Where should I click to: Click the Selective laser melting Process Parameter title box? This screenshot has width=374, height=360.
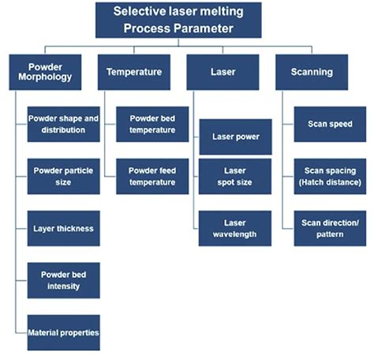click(x=178, y=20)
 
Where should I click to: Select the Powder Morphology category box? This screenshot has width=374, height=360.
click(x=45, y=72)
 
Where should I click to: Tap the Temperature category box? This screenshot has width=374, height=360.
click(x=134, y=72)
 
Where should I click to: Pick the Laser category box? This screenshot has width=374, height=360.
click(x=223, y=72)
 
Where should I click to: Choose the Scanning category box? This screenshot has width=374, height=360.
click(x=312, y=72)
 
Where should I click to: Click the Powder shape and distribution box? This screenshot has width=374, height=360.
click(x=64, y=124)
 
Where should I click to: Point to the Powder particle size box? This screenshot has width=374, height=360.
click(x=64, y=176)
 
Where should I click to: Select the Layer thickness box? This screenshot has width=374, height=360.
click(x=64, y=228)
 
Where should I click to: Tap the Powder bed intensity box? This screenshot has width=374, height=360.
click(x=64, y=280)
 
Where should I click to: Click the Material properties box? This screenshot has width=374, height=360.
click(x=64, y=332)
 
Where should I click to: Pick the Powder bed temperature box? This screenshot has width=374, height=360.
click(x=152, y=124)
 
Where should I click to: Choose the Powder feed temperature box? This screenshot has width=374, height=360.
click(x=152, y=176)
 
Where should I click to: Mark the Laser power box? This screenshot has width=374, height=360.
click(x=236, y=137)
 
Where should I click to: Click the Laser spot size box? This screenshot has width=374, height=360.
click(x=235, y=176)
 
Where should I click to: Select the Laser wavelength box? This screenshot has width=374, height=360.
click(x=235, y=228)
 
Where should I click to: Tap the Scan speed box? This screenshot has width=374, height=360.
click(x=330, y=124)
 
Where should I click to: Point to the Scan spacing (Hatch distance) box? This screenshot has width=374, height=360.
click(x=330, y=176)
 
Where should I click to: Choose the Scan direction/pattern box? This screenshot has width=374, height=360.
click(x=330, y=228)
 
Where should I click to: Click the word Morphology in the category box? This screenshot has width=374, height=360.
click(x=45, y=77)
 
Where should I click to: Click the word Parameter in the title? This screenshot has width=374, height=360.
click(x=199, y=28)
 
